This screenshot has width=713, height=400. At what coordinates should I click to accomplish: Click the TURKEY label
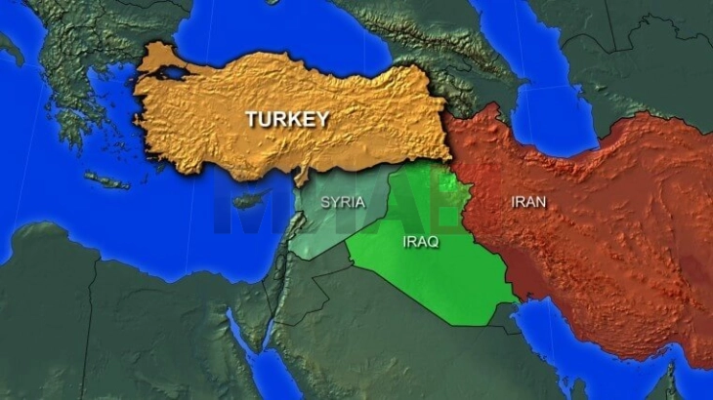coord(286,120)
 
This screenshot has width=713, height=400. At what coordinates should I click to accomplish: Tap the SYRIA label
coord(343,203)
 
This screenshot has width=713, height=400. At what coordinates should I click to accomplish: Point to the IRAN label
coord(528,202)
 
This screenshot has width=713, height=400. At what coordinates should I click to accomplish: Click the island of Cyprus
coord(249,199)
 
